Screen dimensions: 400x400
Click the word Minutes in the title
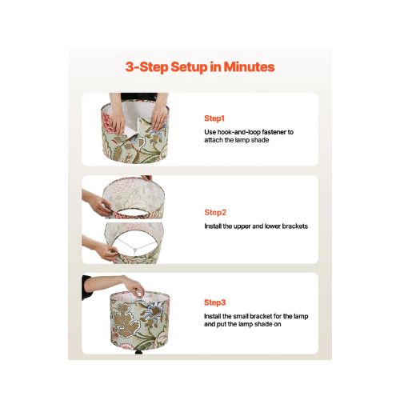[249, 66]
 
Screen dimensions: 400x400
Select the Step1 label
[214, 118]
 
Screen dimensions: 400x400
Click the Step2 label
[215, 213]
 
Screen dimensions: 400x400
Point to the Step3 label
[215, 302]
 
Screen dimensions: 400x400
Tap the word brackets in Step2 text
[295, 226]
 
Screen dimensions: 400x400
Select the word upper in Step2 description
[242, 226]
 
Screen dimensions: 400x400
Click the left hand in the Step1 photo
[117, 121]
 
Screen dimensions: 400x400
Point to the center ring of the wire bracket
[135, 250]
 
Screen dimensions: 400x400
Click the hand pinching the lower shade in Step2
[106, 251]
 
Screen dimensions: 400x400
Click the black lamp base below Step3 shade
[139, 352]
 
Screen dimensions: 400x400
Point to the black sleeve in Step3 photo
[86, 287]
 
